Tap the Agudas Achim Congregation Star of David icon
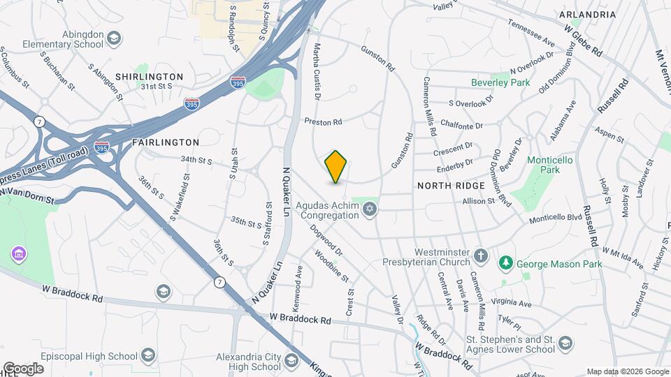[370, 209]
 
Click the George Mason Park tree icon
[505, 263]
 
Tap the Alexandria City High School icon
[291, 361]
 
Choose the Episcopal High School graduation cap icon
[147, 356]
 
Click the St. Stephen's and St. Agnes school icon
[565, 343]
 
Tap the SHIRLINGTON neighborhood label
[149, 77]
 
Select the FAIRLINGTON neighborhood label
[157, 142]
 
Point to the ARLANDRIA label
[587, 15]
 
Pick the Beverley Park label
[501, 82]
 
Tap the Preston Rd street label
[322, 122]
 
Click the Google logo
[22, 369]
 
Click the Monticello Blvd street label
[556, 217]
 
